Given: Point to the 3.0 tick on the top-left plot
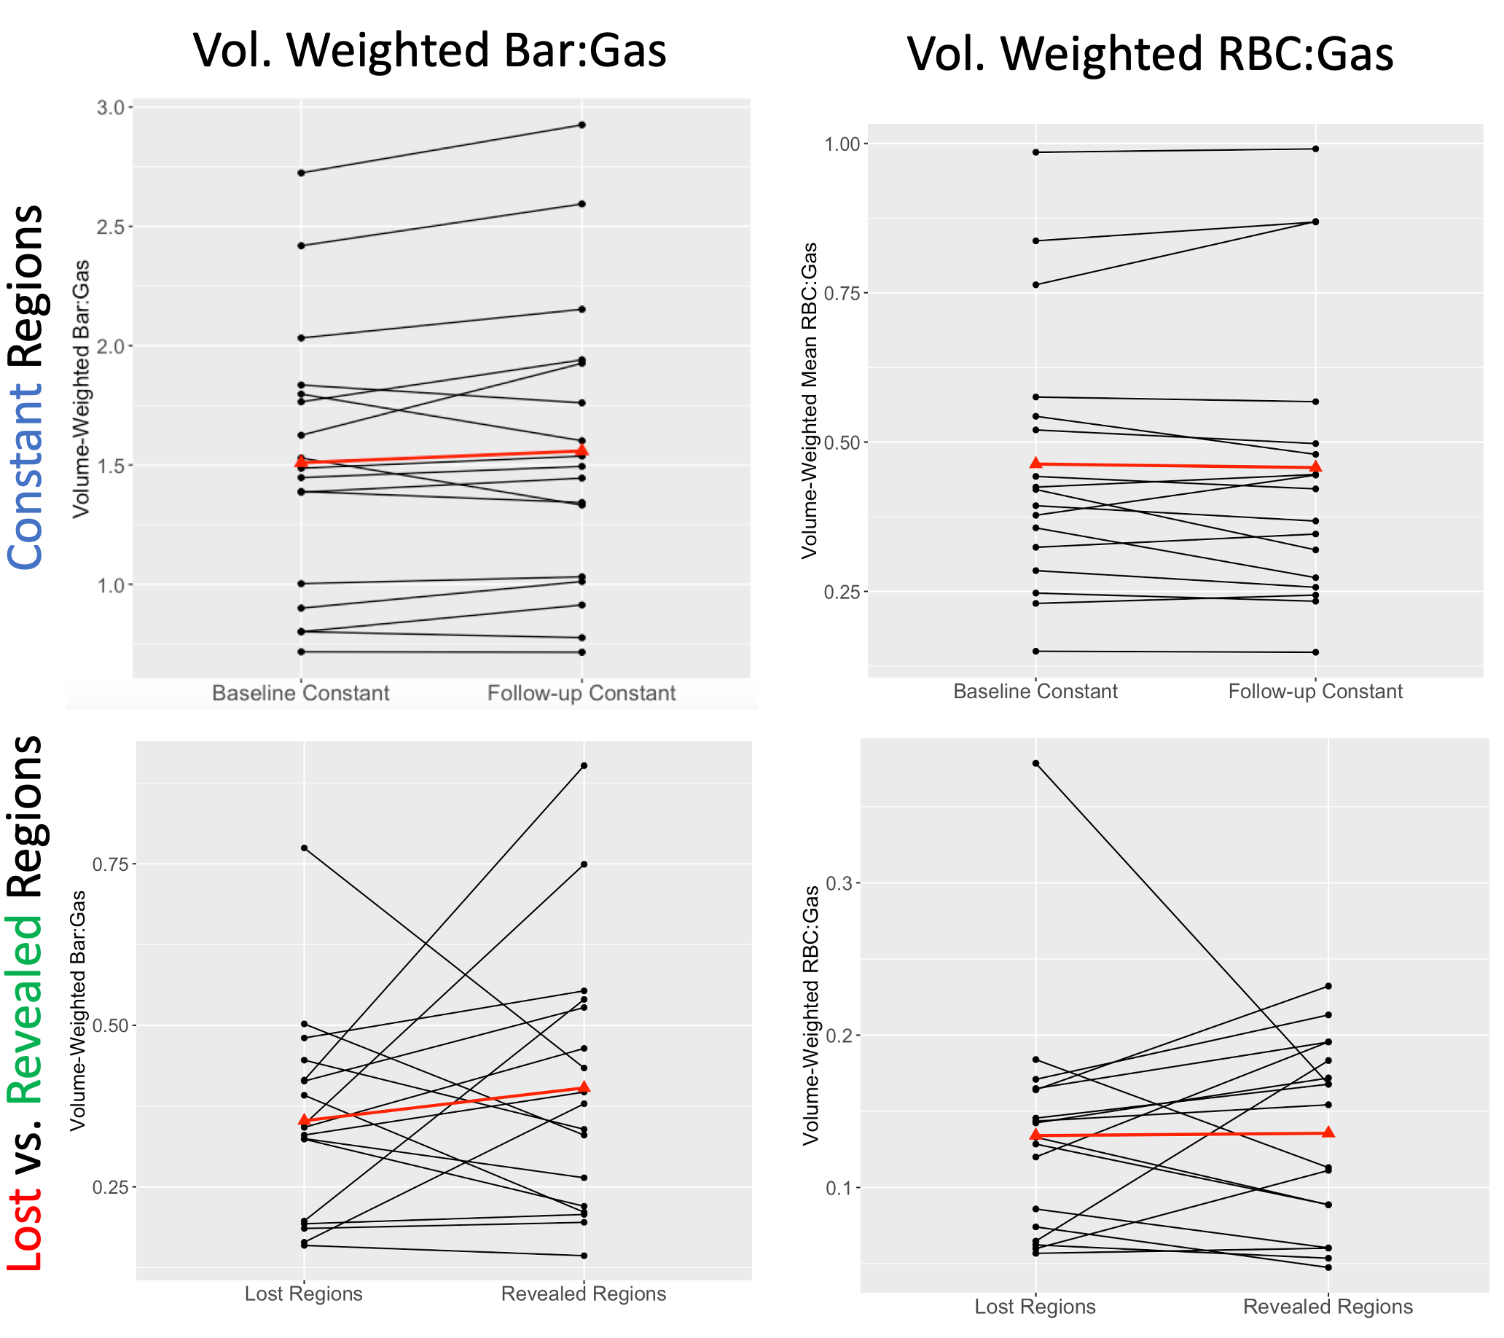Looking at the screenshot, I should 111,107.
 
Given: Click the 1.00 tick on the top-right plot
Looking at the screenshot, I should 842,144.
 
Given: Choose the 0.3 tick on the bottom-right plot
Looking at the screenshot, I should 840,883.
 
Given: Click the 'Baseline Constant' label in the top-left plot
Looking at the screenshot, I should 300,693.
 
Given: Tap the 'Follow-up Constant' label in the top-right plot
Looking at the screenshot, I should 1315,692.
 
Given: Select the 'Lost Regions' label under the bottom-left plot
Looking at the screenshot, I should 303,1294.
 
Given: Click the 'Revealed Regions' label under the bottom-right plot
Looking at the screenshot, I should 1328,1307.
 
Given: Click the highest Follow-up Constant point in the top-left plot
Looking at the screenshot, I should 581,125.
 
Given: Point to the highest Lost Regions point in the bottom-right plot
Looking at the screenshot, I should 1035,763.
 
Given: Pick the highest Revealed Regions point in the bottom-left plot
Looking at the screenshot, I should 584,765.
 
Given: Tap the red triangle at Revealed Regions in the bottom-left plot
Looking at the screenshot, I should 584,1087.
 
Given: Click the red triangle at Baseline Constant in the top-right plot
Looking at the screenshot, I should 1035,463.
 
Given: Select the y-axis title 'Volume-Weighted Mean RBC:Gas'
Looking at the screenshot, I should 810,401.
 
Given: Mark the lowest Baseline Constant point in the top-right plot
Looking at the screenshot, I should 1035,651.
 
